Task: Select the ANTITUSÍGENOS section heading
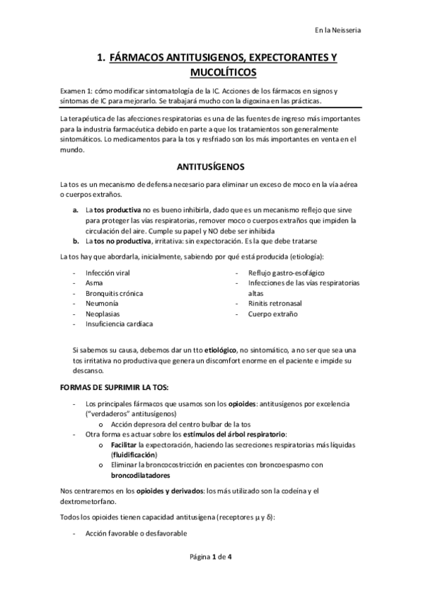pos(209,167)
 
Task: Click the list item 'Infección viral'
pos(108,272)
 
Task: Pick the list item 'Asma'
pos(93,283)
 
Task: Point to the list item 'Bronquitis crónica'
pos(114,293)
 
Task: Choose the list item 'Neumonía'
pos(101,304)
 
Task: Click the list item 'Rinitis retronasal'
pos(276,304)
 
